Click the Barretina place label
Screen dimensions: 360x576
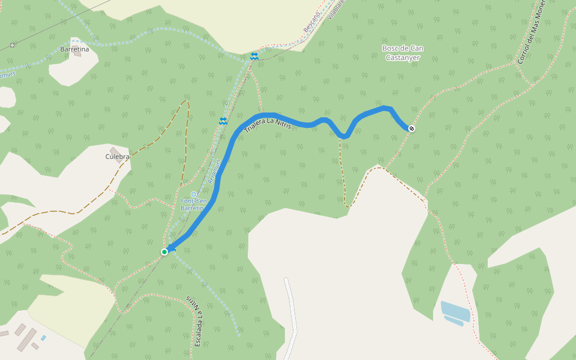coord(74,49)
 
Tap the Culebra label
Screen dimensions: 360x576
coord(117,157)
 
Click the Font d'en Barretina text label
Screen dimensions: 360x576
coord(193,204)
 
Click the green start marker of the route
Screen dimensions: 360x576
coord(164,252)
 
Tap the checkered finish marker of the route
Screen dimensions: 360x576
coord(412,128)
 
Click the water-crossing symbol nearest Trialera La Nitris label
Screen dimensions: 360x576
coord(223,121)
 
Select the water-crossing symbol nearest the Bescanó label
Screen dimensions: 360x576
coord(254,56)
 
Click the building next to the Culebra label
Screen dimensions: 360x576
coord(115,151)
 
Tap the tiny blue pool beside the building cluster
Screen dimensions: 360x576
coord(43,338)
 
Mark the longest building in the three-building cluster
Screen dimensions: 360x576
coord(28,339)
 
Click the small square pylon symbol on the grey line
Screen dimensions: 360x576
coord(13,45)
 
